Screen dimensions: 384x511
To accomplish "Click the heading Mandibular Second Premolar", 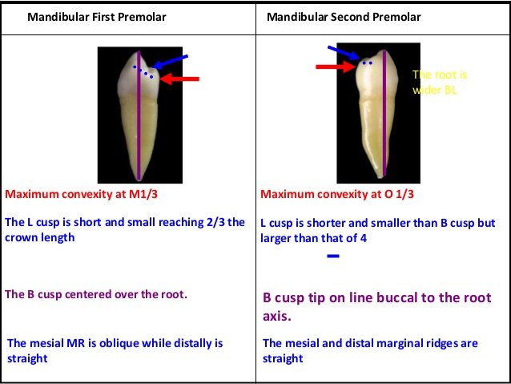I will coord(344,15).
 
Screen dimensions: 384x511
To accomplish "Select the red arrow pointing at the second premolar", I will coord(335,68).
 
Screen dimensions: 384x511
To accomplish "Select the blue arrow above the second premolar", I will coord(343,53).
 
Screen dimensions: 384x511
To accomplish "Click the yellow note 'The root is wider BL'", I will coord(440,83).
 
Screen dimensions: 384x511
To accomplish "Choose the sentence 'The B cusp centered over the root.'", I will coord(96,294).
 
